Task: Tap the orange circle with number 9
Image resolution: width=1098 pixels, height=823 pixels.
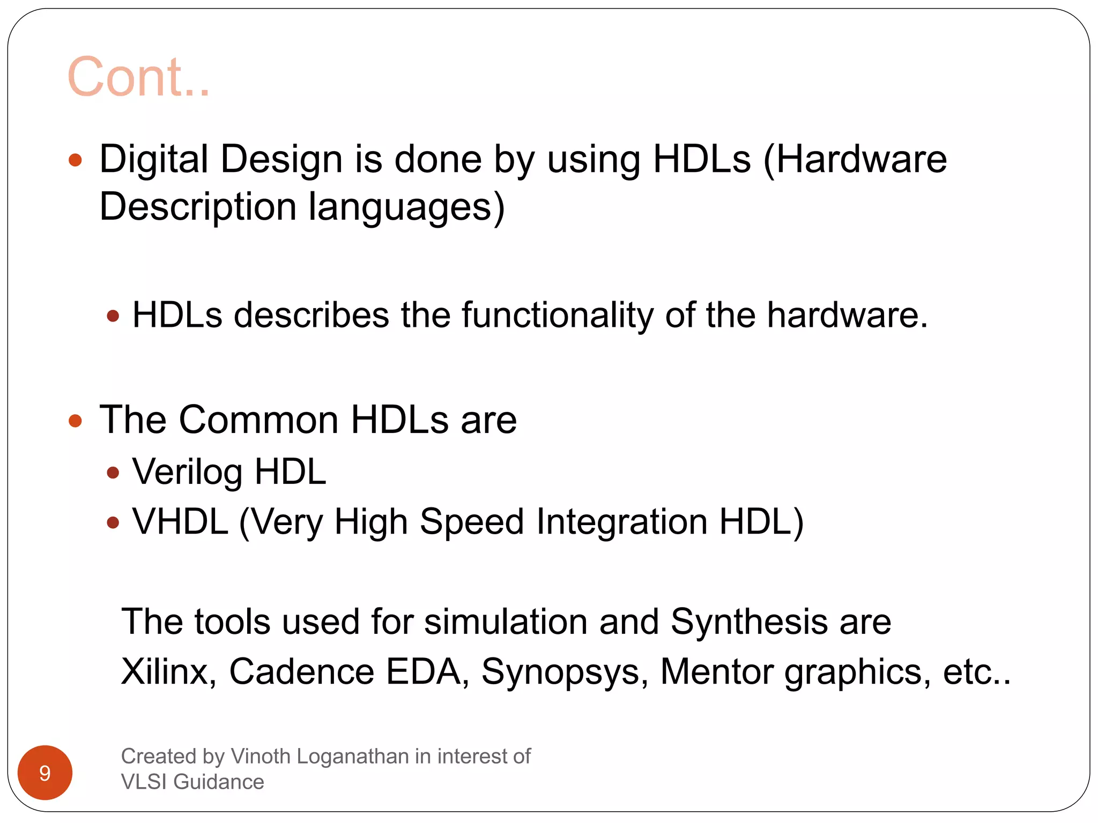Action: (45, 773)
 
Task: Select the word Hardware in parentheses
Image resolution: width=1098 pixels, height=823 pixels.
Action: (861, 159)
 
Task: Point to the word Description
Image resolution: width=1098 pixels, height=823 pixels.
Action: (198, 207)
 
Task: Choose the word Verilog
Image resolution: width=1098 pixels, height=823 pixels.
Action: (187, 472)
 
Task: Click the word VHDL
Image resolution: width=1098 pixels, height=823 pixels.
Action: (180, 521)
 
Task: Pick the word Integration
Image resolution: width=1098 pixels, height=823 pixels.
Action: (622, 521)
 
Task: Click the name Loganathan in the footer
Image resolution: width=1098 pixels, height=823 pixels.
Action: (353, 756)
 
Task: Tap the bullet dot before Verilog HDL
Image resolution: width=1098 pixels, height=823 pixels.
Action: (113, 472)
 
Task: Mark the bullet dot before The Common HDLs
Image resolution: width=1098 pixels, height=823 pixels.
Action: (76, 421)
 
